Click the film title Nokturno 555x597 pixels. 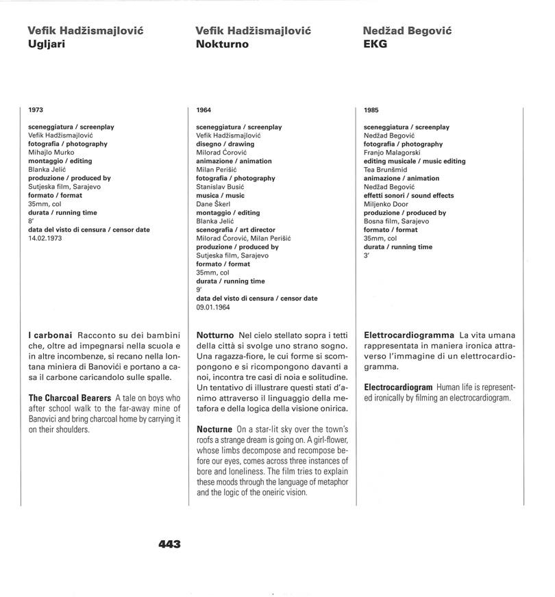pos(222,45)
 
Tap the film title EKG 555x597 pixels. pos(375,45)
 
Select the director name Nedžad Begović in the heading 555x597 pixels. pos(407,31)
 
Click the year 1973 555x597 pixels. pos(36,110)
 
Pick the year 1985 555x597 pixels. pos(371,110)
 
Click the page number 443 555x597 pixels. pos(169,544)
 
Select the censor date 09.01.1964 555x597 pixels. pos(213,307)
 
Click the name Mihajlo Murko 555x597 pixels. pos(52,153)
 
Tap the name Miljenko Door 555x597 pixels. pos(388,204)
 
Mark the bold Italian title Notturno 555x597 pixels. pos(215,335)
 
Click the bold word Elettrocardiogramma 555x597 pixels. pos(409,335)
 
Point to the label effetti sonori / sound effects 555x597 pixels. pos(408,196)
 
